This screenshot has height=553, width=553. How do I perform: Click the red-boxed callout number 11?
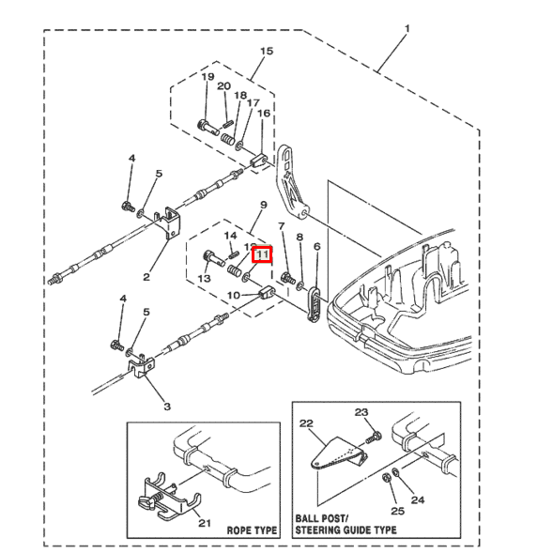coord(263,254)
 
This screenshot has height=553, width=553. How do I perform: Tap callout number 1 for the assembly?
coord(407,28)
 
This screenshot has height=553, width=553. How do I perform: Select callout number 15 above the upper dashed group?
coord(267,51)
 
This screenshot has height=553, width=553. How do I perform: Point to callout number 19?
coord(207,77)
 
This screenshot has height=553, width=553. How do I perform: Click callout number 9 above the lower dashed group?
coord(263,205)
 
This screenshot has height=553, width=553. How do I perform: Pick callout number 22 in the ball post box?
coord(306,423)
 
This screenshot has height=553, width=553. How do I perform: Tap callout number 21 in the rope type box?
coord(204,523)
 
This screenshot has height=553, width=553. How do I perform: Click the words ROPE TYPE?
coord(252,530)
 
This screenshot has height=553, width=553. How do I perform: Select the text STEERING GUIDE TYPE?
coord(346,530)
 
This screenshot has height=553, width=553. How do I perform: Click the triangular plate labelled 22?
coord(339,453)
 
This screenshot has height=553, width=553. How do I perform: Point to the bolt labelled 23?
coord(373,437)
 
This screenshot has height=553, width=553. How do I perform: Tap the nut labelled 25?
coord(386,479)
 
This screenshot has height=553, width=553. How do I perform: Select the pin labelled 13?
coord(214,259)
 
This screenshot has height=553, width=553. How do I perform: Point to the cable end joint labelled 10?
coord(267,292)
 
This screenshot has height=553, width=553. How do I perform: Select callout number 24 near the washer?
coord(418,499)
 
